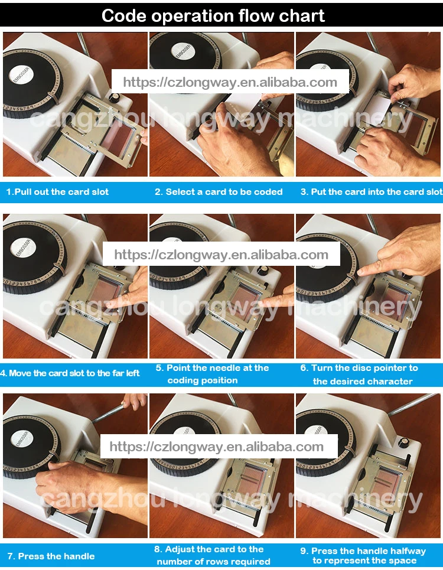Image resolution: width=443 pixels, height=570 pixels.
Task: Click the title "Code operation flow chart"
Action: click(213, 15)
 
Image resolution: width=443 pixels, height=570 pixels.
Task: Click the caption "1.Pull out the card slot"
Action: click(57, 192)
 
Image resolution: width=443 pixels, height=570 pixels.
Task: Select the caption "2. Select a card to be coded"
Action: click(219, 192)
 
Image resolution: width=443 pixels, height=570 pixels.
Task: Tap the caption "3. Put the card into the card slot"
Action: click(371, 192)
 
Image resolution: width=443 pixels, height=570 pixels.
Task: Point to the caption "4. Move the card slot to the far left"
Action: click(70, 373)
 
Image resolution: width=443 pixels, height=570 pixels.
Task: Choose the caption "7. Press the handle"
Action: click(51, 556)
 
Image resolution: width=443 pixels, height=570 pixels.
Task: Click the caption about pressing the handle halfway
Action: click(363, 556)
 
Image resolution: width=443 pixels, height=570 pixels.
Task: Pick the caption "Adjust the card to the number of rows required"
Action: click(213, 555)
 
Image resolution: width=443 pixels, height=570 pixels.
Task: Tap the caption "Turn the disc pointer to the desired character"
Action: click(359, 374)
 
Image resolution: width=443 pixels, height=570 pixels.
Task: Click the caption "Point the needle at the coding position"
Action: click(212, 374)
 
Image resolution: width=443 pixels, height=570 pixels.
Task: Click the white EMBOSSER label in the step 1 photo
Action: click(21, 76)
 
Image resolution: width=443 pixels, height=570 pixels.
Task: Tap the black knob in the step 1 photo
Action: click(115, 98)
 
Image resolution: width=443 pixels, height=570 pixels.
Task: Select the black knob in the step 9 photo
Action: click(403, 444)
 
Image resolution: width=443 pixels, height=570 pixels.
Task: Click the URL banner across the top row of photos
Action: click(230, 82)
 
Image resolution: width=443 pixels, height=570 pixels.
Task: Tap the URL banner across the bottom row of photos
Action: click(219, 446)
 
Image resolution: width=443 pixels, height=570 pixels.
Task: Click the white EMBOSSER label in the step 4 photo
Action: click(22, 249)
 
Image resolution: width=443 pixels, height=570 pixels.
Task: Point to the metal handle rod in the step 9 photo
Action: click(413, 404)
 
